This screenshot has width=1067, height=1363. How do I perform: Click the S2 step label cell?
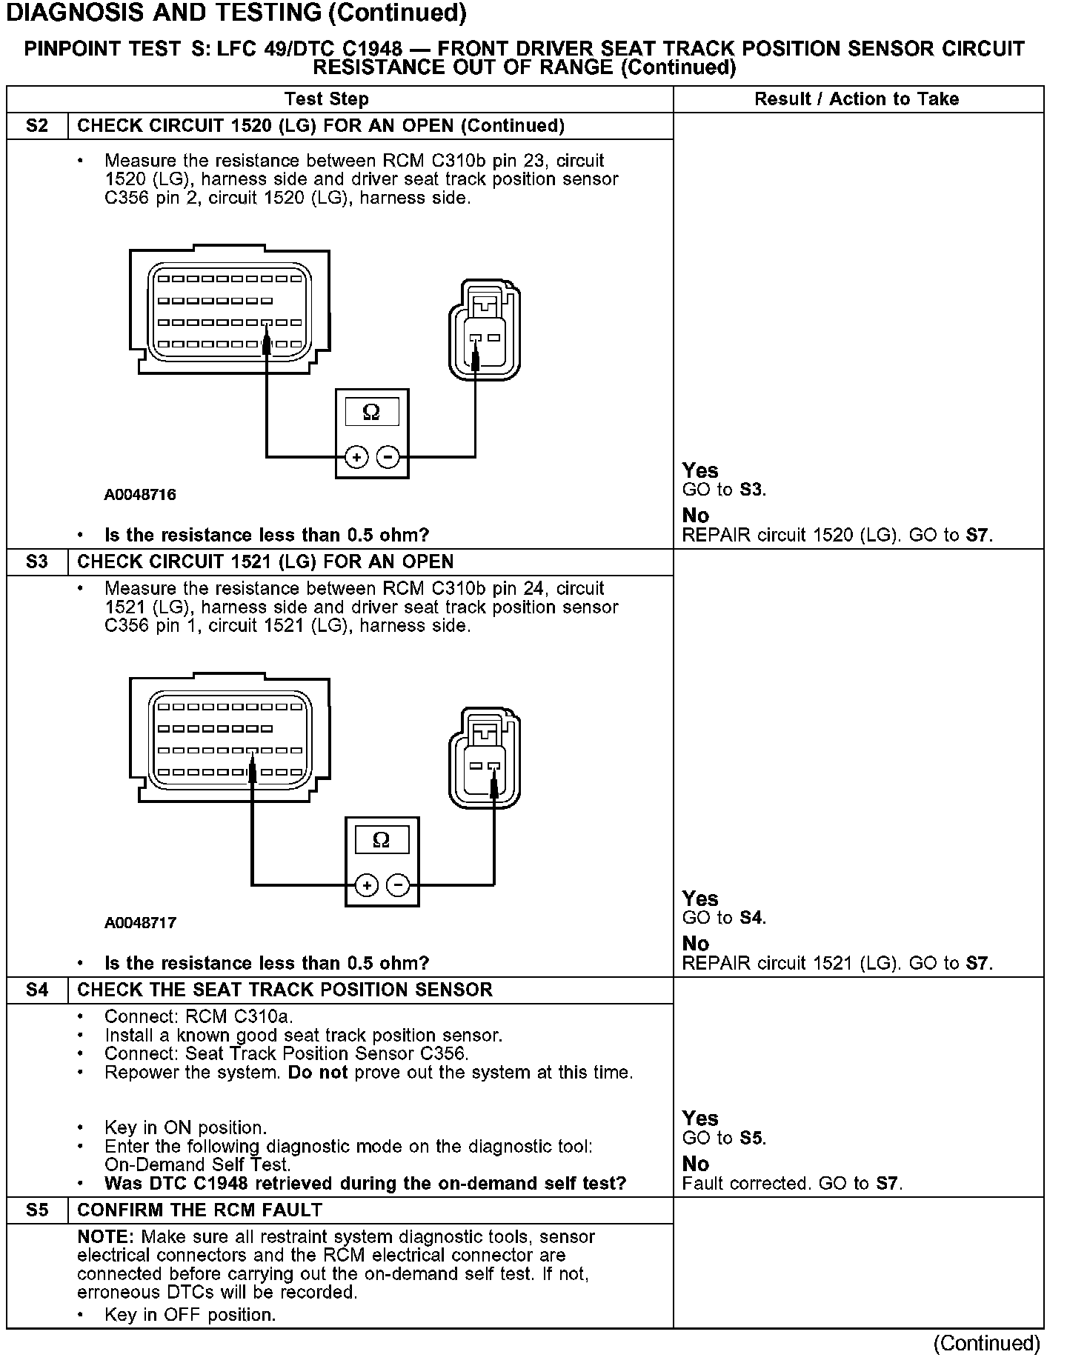click(37, 126)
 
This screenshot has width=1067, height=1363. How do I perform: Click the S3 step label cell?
click(37, 562)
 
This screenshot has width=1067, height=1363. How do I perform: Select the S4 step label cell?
click(37, 990)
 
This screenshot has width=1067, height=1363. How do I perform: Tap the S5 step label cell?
click(37, 1210)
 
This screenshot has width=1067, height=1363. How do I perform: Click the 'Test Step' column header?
click(327, 99)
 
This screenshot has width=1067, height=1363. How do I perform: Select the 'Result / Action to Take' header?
click(857, 99)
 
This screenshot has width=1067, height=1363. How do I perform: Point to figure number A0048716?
click(140, 495)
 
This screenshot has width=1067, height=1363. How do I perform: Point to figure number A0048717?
click(140, 923)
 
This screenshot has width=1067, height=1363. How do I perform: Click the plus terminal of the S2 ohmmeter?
click(356, 457)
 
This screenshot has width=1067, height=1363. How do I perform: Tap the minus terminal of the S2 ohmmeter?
click(388, 457)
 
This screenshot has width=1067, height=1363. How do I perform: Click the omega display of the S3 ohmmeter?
click(382, 840)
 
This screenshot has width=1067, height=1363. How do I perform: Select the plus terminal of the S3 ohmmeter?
click(367, 885)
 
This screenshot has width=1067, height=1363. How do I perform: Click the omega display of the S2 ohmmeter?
click(372, 412)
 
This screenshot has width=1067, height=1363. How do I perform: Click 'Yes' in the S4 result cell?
click(700, 1119)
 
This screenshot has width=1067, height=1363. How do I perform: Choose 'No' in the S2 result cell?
click(696, 516)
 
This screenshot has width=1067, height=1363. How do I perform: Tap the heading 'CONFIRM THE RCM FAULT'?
click(200, 1210)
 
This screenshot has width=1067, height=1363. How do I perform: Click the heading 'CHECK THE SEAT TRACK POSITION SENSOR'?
click(285, 990)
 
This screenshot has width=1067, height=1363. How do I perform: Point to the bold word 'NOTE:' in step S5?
click(105, 1237)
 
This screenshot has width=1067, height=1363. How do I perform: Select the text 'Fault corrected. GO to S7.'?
click(792, 1184)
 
